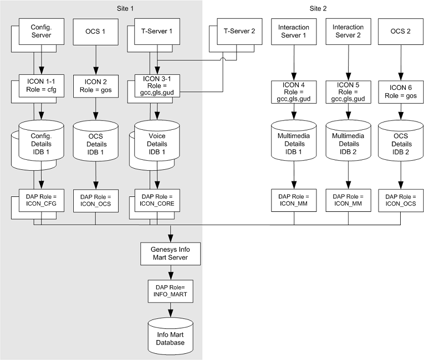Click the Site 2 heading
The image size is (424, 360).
coord(318,8)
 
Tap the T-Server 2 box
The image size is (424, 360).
coord(238,32)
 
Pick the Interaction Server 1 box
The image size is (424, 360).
coord(293,32)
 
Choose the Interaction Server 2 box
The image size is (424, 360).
coord(348,32)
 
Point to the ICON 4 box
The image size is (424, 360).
coord(293,91)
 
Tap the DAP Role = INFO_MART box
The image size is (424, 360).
coord(171,291)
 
